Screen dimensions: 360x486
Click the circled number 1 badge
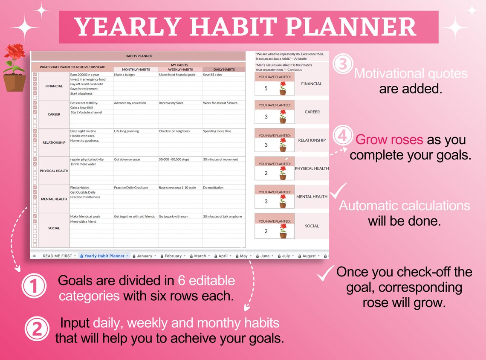click(34, 287)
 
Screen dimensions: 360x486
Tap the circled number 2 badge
click(37, 329)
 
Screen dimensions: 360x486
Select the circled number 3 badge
click(343, 64)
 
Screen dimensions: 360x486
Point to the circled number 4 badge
click(343, 136)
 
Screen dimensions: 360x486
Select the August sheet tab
click(309, 256)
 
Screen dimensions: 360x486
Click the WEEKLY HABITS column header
click(180, 70)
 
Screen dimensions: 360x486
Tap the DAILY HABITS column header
click(224, 70)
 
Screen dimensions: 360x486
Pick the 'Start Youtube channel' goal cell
click(87, 112)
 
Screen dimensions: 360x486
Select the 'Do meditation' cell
click(213, 188)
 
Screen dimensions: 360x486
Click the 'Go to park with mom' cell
click(173, 216)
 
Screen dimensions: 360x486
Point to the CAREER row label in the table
click(54, 114)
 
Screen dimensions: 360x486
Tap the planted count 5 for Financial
click(266, 89)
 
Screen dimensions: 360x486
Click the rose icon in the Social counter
click(283, 231)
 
